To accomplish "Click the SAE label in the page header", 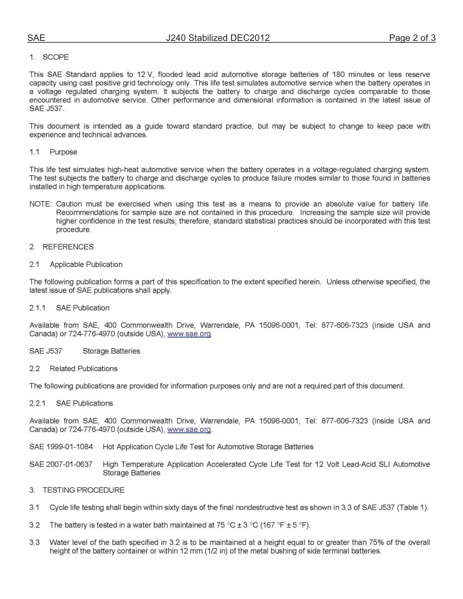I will coord(36,38).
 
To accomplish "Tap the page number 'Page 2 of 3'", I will coord(412,38).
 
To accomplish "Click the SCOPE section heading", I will coord(56,57).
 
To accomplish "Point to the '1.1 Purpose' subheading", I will coord(53,152).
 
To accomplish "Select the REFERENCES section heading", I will coord(68,247).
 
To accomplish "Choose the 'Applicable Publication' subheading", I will coord(86,264).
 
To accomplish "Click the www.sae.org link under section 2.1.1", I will coord(189,334).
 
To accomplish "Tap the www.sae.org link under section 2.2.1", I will coord(189,430).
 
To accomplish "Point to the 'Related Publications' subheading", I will coord(83,369).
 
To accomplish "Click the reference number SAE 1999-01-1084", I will coord(61,447).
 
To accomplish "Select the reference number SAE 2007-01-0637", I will coord(61,464).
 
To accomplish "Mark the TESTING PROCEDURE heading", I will coord(83,490).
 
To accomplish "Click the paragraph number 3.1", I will coord(34,507).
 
